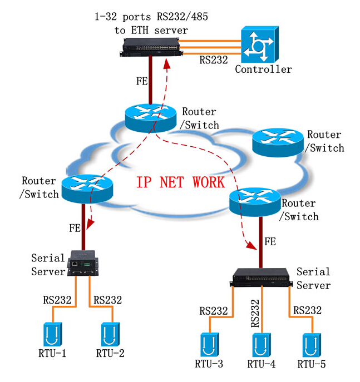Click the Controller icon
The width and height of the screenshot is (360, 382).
[260, 45]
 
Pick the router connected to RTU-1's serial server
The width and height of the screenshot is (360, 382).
[86, 188]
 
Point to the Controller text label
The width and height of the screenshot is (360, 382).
[263, 70]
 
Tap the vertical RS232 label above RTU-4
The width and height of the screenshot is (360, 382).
[256, 312]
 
